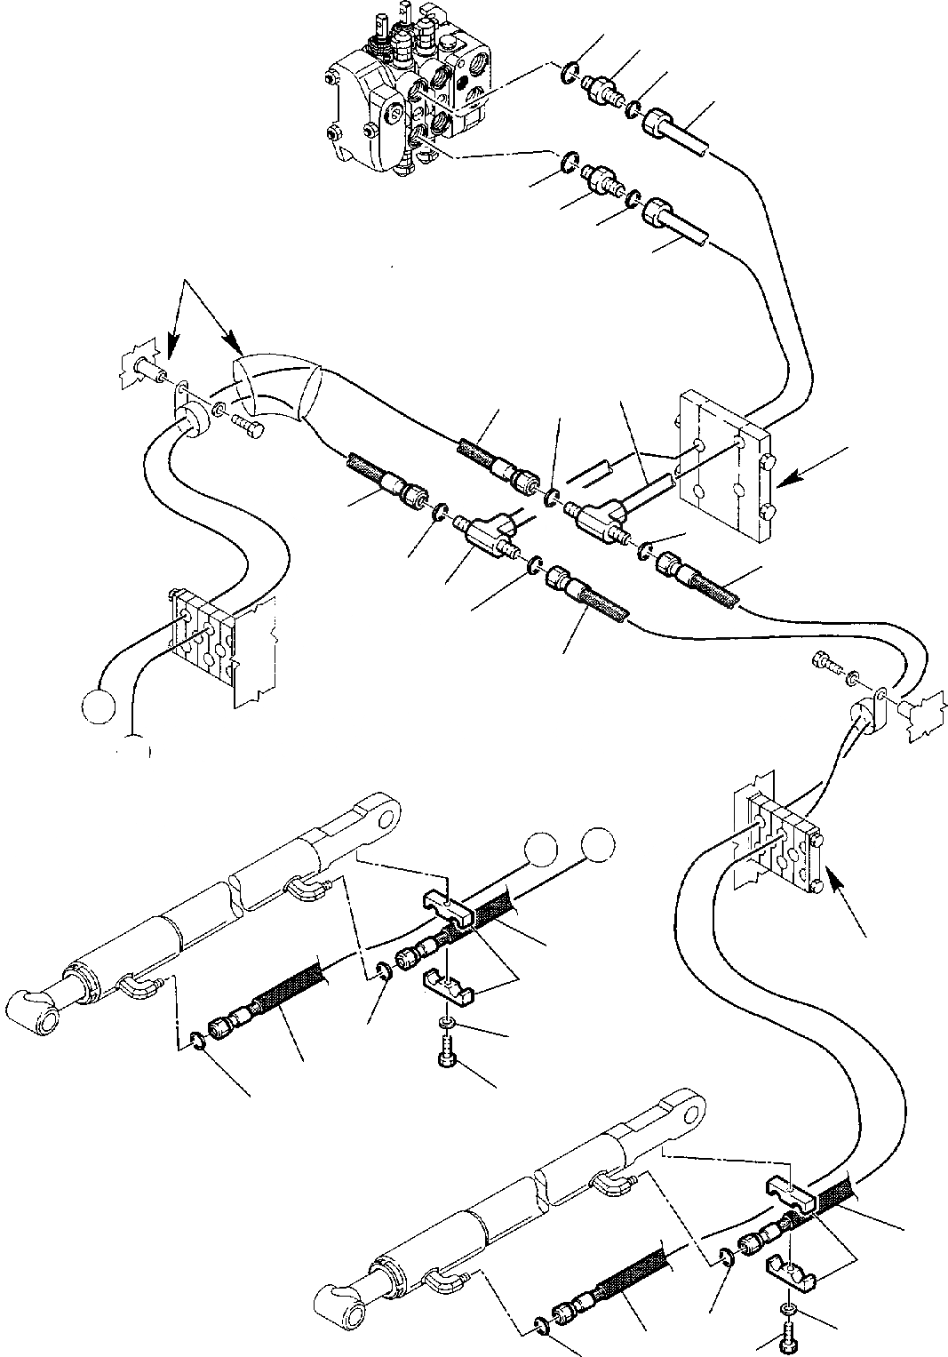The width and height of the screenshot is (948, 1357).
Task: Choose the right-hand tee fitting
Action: click(592, 516)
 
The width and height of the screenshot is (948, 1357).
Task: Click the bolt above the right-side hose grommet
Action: click(827, 661)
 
